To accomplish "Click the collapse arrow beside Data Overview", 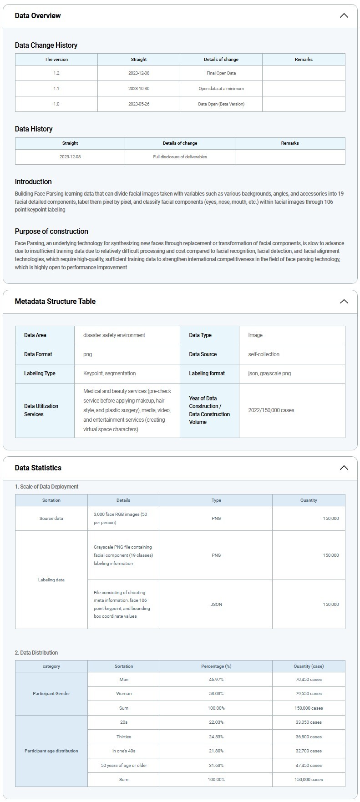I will click(344, 15).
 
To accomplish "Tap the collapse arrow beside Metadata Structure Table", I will click(344, 301).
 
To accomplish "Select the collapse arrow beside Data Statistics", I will click(344, 468).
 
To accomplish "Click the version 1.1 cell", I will click(56, 89).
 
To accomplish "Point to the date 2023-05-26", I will click(139, 104).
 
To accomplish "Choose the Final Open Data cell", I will click(221, 73).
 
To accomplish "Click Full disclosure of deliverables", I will click(180, 157).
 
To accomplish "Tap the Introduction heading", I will click(33, 182).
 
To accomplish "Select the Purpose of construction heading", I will click(51, 231).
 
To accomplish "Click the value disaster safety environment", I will click(114, 335).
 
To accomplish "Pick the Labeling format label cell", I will click(207, 373).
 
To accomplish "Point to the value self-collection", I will click(264, 354).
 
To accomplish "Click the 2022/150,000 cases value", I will click(271, 410).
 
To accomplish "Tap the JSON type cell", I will click(216, 605).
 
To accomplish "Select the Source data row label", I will click(51, 519).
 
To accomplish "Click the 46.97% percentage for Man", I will click(216, 680).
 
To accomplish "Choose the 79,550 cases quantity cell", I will click(309, 694).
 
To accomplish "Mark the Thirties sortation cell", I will click(124, 737).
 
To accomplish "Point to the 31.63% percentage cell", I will click(216, 766).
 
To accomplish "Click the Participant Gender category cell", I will click(51, 694).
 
